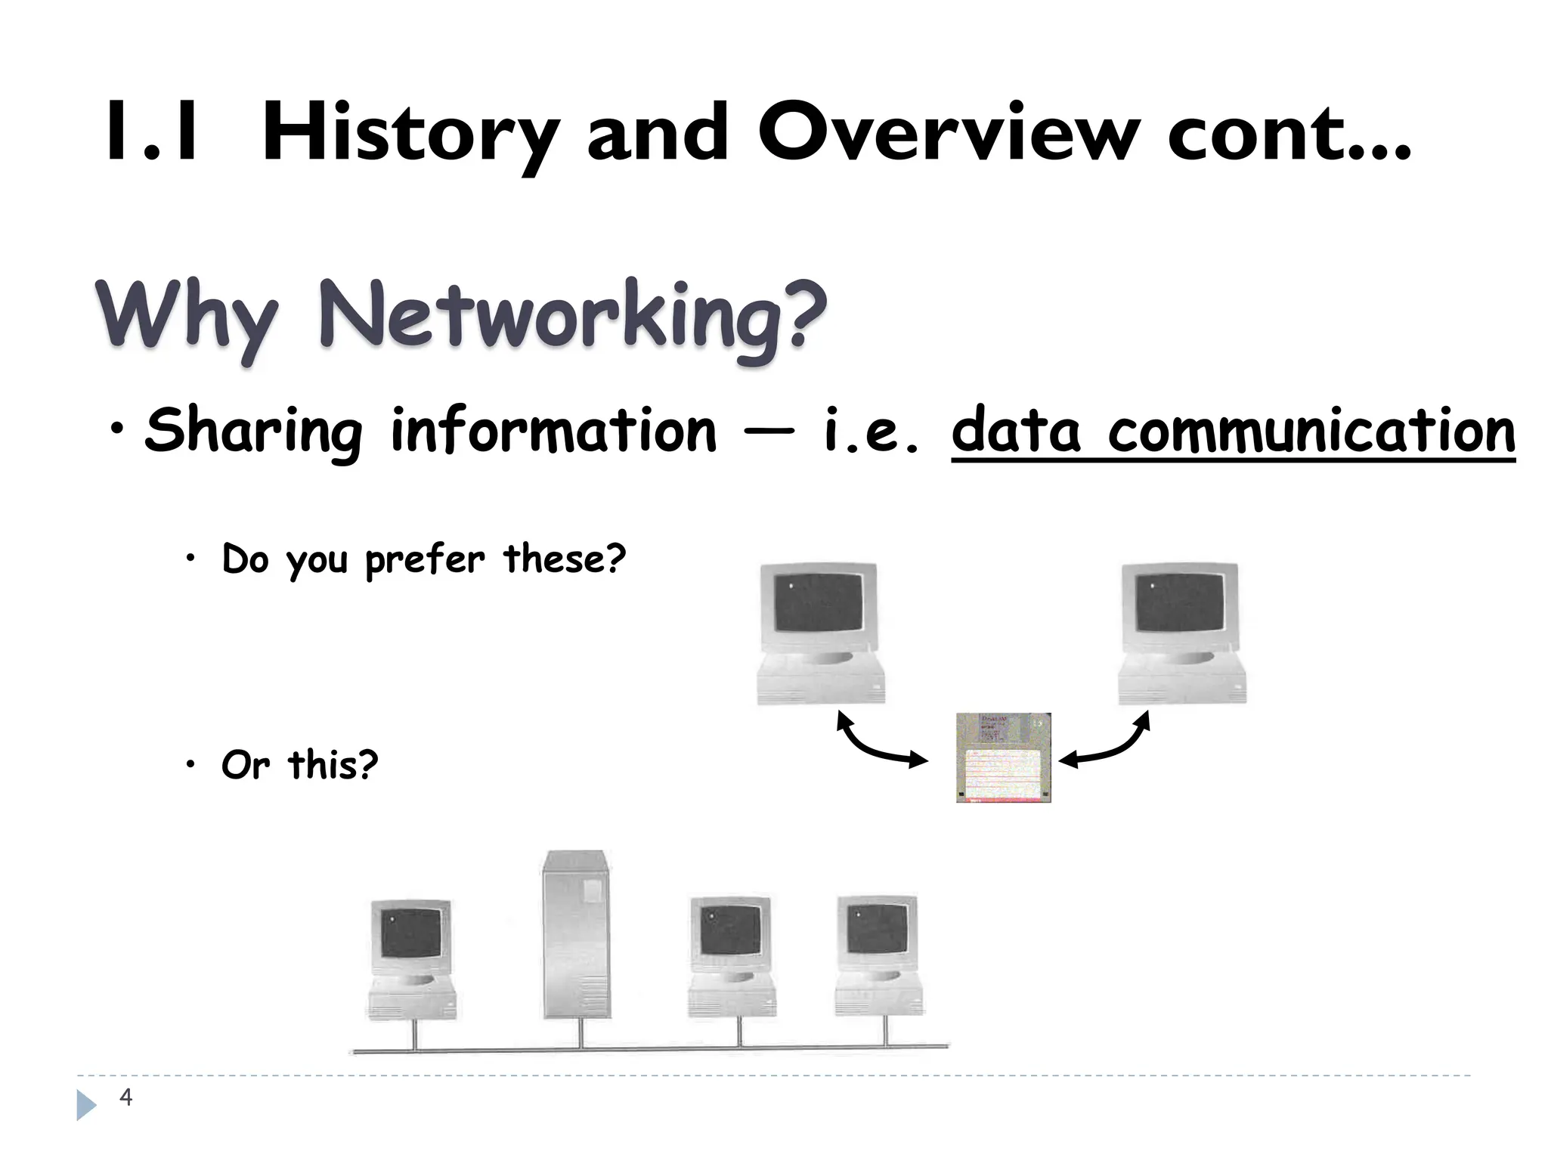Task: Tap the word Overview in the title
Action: (949, 132)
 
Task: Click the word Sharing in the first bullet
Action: (253, 431)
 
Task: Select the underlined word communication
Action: (1311, 431)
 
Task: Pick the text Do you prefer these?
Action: (423, 560)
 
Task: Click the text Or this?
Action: (299, 765)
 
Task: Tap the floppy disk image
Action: (1003, 757)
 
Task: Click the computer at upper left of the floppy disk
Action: (820, 633)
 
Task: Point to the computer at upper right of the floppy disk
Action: (1181, 633)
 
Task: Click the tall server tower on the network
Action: (577, 935)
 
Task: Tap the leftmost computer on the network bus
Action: (412, 960)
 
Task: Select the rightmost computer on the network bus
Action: (879, 956)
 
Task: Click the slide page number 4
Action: (125, 1097)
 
